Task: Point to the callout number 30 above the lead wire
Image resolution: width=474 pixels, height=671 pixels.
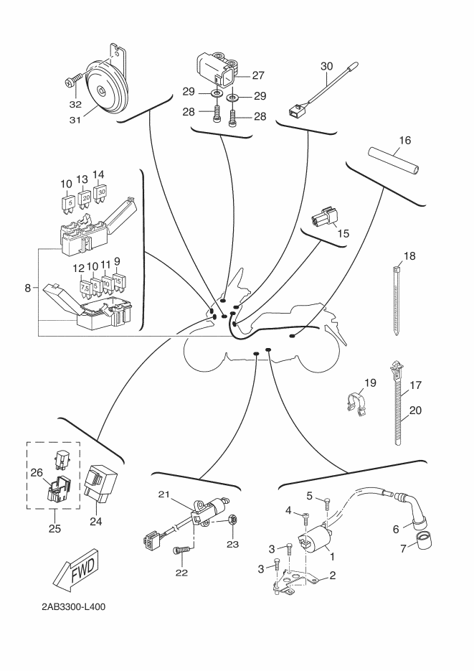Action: pos(327,65)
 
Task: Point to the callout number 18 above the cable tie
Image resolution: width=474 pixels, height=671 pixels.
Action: pos(409,255)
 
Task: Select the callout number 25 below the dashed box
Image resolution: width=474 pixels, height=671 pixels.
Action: pos(54,530)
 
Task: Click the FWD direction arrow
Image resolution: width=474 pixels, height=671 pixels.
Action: pos(75,566)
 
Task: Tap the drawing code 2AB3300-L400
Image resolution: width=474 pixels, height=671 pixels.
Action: pos(74,606)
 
